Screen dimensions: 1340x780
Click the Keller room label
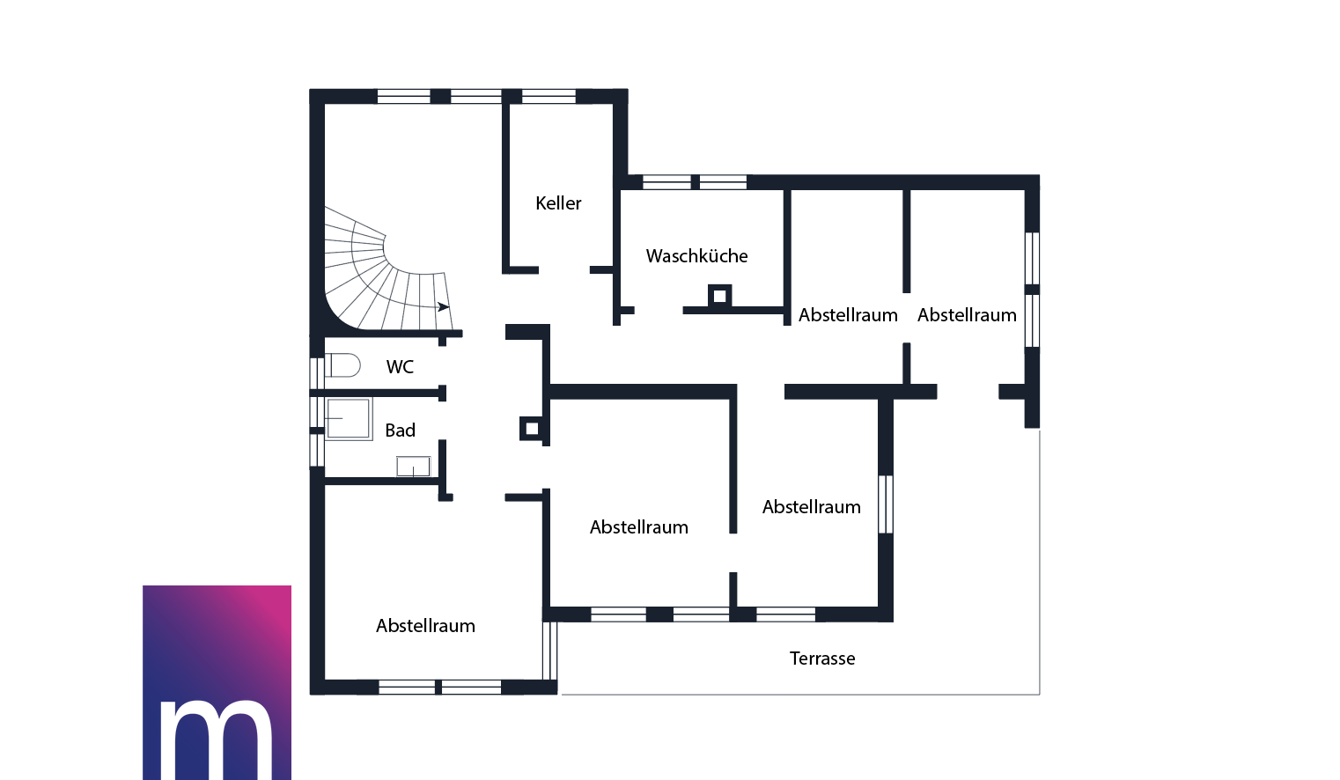tap(558, 203)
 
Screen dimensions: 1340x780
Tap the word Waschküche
tap(697, 256)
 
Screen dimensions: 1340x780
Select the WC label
tap(400, 367)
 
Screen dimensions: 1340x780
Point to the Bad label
tap(401, 430)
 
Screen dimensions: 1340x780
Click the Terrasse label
tap(822, 659)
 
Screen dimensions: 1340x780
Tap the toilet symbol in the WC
tap(342, 365)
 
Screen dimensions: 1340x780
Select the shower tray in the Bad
tap(349, 419)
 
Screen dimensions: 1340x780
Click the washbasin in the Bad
tap(414, 467)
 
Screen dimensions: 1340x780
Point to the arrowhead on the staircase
tap(443, 307)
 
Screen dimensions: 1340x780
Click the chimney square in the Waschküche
tap(719, 296)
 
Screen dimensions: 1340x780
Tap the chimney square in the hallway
tap(531, 429)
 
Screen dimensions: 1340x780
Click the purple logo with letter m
tap(217, 682)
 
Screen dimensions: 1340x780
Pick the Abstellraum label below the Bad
tap(425, 626)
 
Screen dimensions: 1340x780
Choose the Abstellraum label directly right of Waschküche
tap(848, 315)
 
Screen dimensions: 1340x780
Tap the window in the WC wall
tap(316, 373)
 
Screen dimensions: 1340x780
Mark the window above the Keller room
tap(549, 96)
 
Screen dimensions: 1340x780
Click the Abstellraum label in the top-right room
tap(967, 315)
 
